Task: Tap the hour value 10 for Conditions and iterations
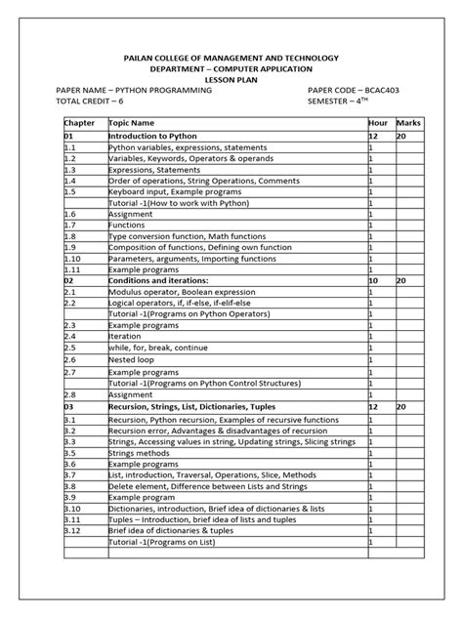(x=373, y=279)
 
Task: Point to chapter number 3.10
(x=73, y=509)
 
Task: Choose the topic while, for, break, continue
(x=156, y=346)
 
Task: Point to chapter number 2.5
(x=70, y=346)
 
